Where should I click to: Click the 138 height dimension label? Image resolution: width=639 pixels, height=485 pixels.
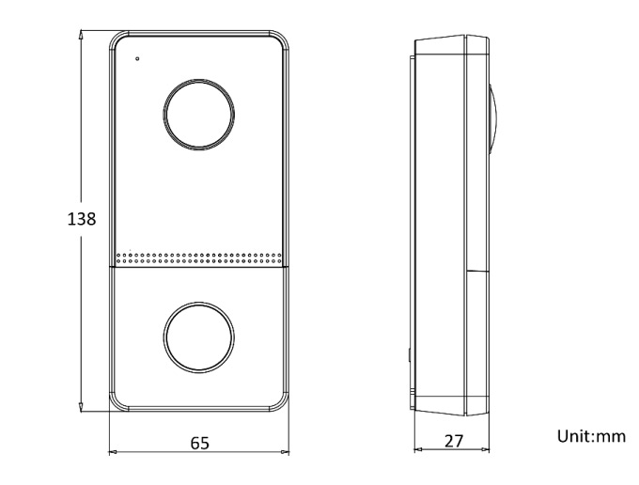(82, 219)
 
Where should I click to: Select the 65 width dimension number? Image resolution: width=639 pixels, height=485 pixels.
(199, 443)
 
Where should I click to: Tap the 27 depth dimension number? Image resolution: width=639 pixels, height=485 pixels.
(454, 441)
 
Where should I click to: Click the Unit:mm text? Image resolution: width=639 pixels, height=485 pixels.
(591, 436)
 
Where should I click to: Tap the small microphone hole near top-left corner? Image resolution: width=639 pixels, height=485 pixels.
(137, 58)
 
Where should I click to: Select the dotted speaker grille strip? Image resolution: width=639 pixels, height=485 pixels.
(199, 258)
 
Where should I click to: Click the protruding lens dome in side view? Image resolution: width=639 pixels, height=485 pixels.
(493, 118)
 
